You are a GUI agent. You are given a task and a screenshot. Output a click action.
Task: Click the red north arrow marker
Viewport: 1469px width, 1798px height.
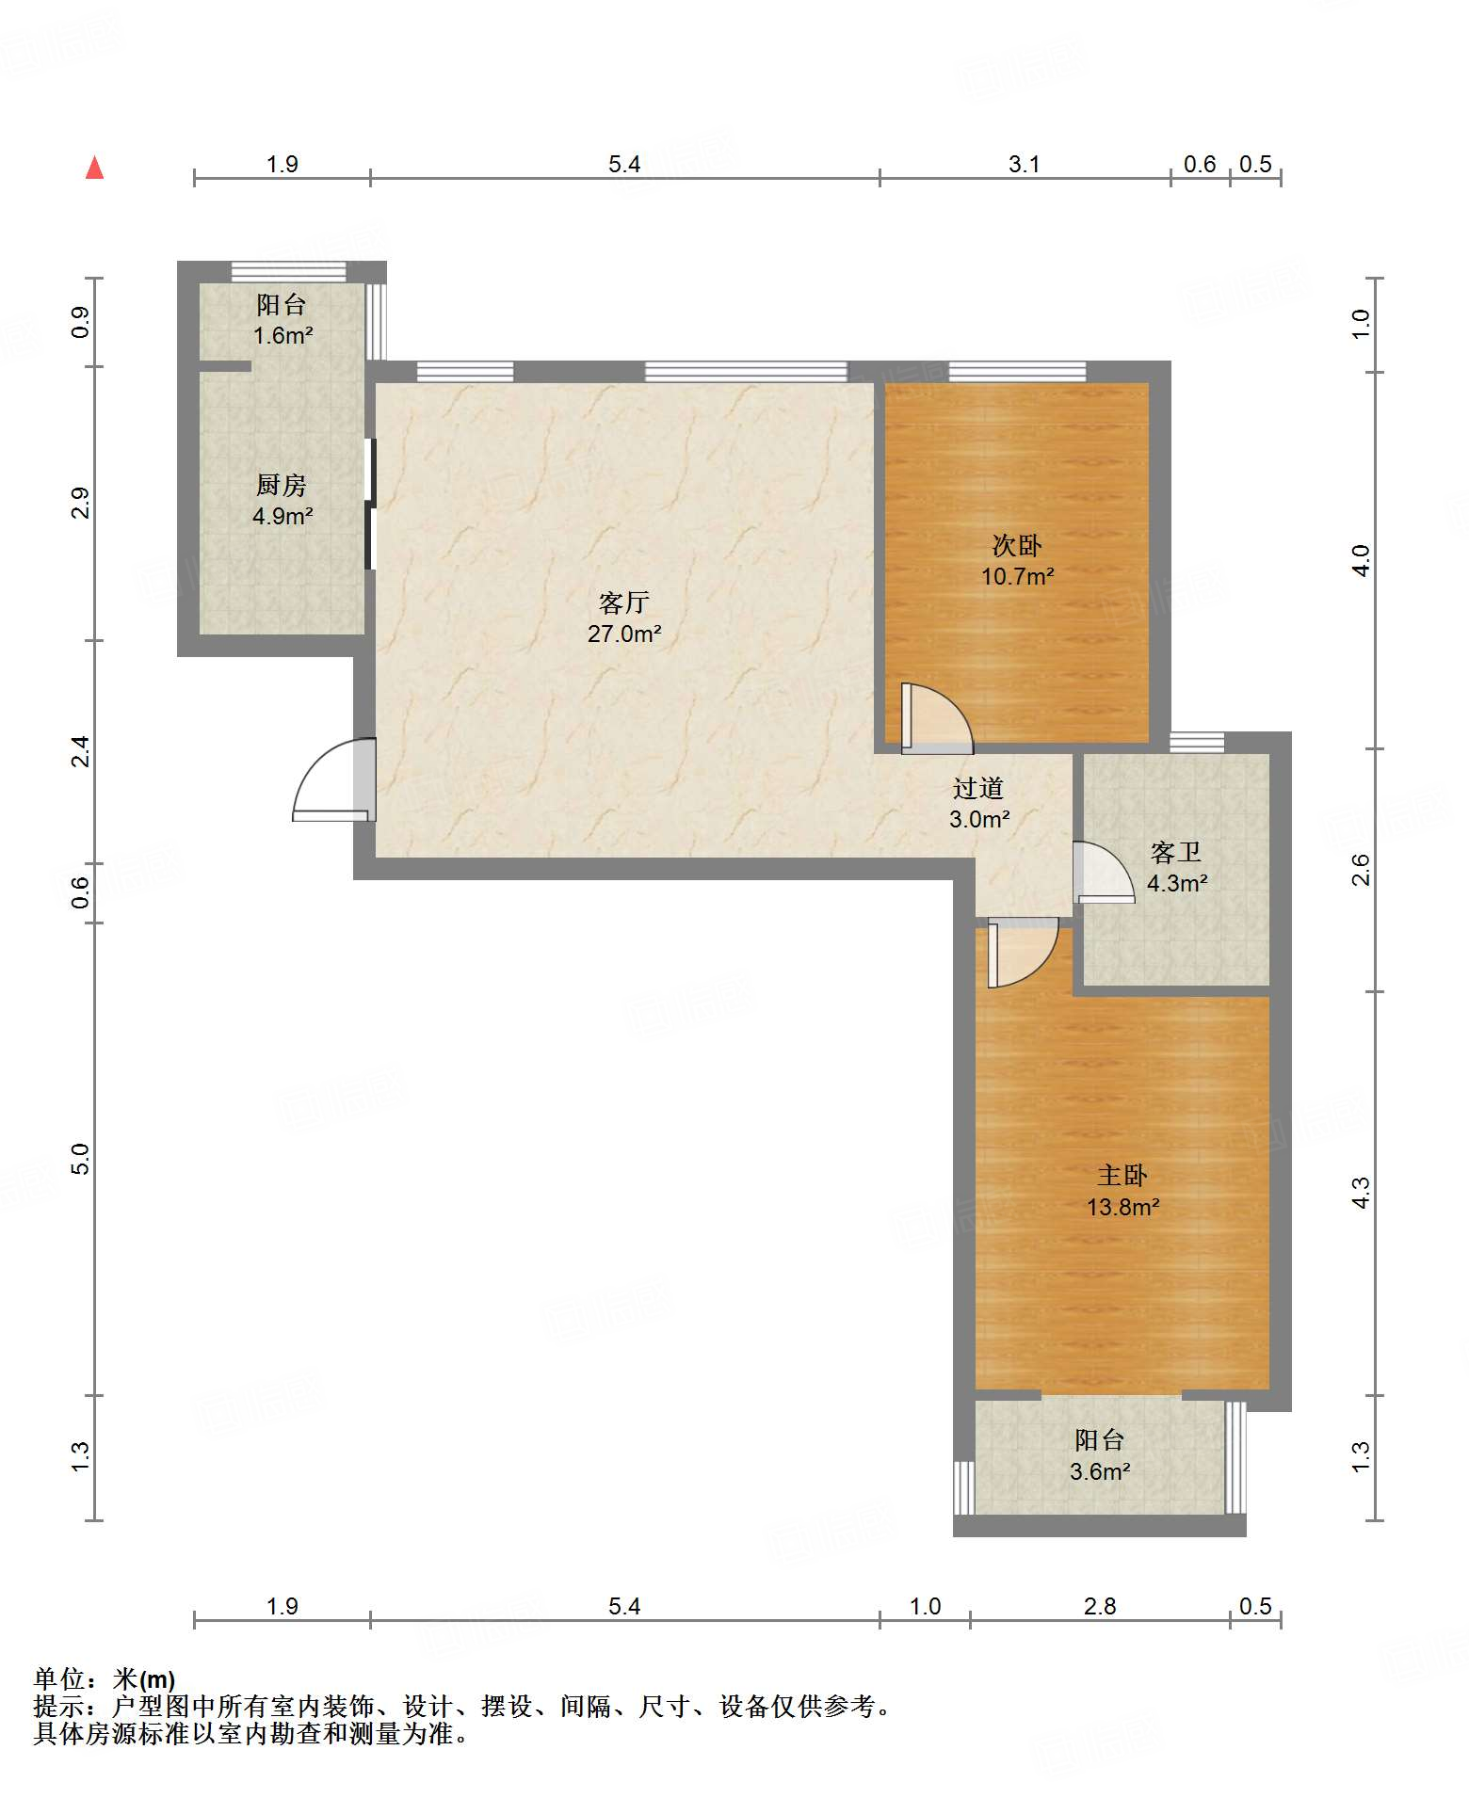[94, 168]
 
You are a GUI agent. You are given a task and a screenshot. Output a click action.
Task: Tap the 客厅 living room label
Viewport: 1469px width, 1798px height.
[624, 602]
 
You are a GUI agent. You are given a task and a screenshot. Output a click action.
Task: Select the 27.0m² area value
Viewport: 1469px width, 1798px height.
[624, 634]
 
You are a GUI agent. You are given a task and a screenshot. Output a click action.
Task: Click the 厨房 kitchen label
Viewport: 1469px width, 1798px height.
[282, 485]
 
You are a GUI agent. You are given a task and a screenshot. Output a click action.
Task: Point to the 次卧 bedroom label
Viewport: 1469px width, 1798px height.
[1017, 545]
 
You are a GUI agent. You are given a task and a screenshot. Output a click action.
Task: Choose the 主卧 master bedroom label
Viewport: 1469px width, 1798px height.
[1122, 1175]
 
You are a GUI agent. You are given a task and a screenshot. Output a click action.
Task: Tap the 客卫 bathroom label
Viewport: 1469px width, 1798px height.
[1176, 852]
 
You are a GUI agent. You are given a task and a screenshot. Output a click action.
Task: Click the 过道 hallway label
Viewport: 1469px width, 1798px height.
[978, 788]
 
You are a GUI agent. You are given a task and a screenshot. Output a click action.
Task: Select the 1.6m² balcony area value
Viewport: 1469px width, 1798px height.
[282, 335]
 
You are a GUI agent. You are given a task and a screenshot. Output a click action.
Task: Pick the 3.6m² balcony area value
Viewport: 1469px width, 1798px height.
[1100, 1471]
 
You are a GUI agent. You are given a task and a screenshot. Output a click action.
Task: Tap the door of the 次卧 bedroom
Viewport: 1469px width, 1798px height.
[937, 718]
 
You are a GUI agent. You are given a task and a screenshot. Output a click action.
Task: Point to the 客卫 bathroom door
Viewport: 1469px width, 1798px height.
[1104, 872]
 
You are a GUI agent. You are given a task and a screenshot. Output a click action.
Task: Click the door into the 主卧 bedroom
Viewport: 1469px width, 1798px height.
[1023, 953]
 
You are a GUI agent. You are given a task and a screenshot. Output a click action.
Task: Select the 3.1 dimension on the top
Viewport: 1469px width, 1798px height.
[1024, 164]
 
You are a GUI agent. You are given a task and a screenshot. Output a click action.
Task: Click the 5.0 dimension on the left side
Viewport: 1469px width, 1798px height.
[80, 1159]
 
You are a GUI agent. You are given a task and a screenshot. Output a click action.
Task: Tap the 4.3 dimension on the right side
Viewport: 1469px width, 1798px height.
[1361, 1193]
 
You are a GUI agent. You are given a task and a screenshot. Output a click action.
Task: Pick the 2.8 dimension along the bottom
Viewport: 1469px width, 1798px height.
[1099, 1606]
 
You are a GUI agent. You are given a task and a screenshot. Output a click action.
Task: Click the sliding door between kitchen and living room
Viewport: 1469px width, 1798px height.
[371, 505]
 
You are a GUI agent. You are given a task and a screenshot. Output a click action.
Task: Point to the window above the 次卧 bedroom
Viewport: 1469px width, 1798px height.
[1017, 371]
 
